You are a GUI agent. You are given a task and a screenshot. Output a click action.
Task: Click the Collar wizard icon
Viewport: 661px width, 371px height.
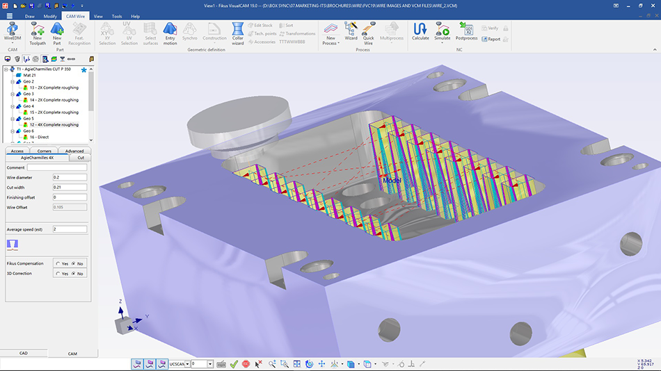tap(238, 32)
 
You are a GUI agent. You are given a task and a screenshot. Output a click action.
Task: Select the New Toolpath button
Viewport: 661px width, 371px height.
tap(37, 32)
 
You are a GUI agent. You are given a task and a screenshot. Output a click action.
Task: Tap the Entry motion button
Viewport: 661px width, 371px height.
tap(170, 32)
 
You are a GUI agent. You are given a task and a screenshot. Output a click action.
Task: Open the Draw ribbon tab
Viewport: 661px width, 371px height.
tap(30, 15)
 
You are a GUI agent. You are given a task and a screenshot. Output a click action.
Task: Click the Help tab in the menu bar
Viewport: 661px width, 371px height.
tap(135, 15)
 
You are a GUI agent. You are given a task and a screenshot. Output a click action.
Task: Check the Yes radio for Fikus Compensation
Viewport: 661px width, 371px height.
tap(57, 264)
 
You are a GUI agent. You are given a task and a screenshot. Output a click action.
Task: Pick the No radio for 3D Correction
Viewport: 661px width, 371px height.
tap(74, 274)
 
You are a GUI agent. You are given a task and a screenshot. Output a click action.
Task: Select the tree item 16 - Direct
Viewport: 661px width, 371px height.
tap(39, 137)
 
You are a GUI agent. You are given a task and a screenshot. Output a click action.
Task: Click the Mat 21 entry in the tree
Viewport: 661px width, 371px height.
tap(29, 75)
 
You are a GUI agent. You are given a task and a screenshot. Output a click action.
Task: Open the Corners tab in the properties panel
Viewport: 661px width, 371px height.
tap(44, 151)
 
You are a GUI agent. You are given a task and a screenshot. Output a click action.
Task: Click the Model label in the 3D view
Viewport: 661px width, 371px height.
tap(391, 180)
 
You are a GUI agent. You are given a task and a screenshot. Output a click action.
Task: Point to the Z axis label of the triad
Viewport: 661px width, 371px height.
tap(120, 302)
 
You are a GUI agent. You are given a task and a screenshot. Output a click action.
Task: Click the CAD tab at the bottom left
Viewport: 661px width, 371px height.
tap(23, 353)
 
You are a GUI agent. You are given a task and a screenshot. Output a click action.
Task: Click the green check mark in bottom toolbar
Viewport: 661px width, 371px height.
tap(234, 364)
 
